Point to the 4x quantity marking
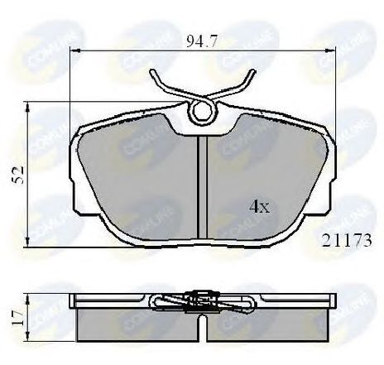pos(260,207)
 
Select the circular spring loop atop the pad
pos(200,113)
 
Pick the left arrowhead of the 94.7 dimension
pos(74,51)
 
